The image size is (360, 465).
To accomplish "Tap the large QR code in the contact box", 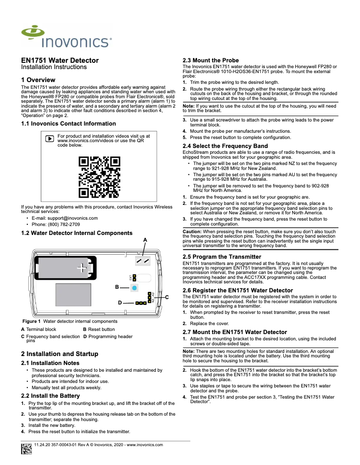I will click(99, 177).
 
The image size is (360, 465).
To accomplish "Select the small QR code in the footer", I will click(26, 448).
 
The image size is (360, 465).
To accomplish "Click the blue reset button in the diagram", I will click(134, 287).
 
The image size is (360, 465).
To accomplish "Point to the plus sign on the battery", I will click(81, 268).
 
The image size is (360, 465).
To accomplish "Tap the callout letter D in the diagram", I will click(120, 303).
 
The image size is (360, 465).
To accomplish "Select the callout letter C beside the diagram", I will click(167, 297).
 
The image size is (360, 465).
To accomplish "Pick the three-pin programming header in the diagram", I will click(141, 303).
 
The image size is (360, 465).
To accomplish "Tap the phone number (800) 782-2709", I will click(63, 224).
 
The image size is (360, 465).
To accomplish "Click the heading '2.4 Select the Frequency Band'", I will click(225, 146).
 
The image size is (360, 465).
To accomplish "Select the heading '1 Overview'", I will click(38, 80).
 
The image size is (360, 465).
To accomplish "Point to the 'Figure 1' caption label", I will click(31, 322).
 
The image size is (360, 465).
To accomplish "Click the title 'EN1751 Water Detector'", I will click(60, 60).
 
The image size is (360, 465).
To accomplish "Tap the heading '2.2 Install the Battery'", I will click(50, 396).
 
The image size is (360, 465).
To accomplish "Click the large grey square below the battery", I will click(73, 295).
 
